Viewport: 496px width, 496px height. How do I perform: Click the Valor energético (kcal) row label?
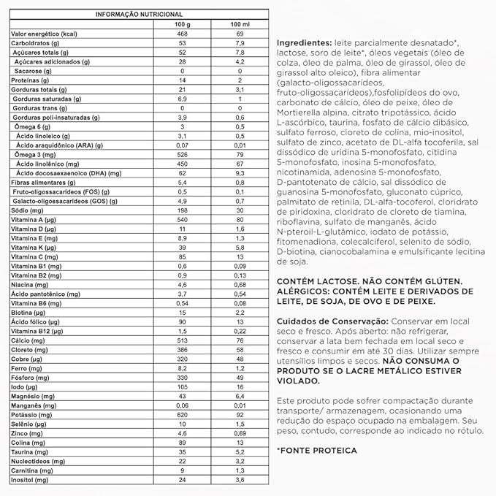point(44,34)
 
